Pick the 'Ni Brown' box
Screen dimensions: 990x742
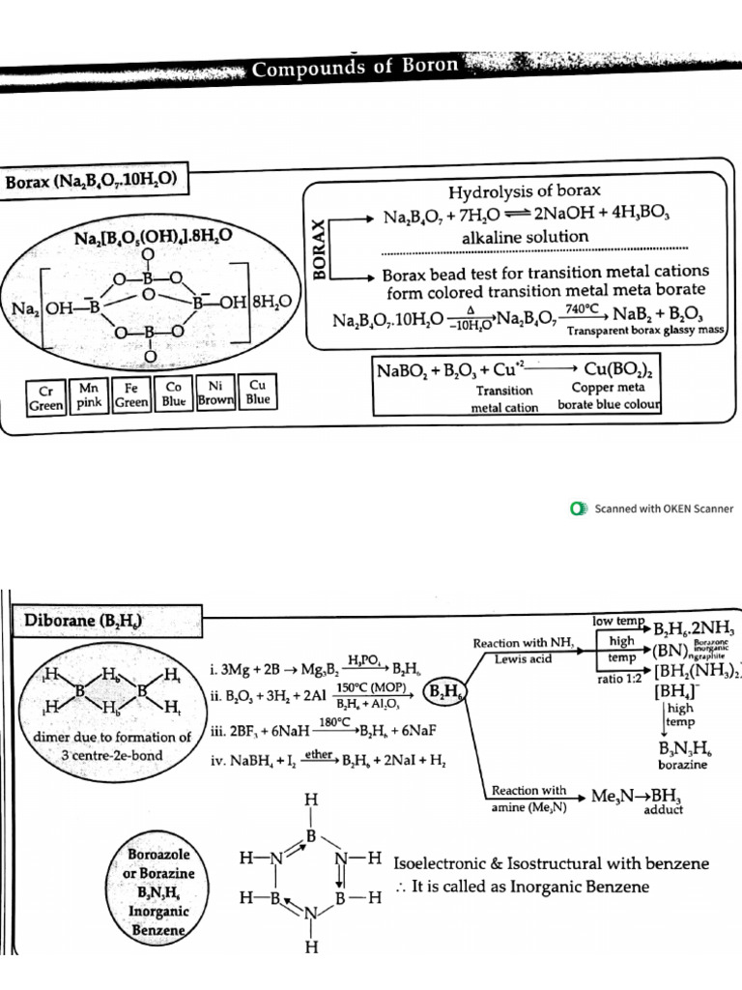point(217,391)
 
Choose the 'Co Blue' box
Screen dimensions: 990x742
point(175,395)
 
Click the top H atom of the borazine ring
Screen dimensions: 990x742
point(309,801)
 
